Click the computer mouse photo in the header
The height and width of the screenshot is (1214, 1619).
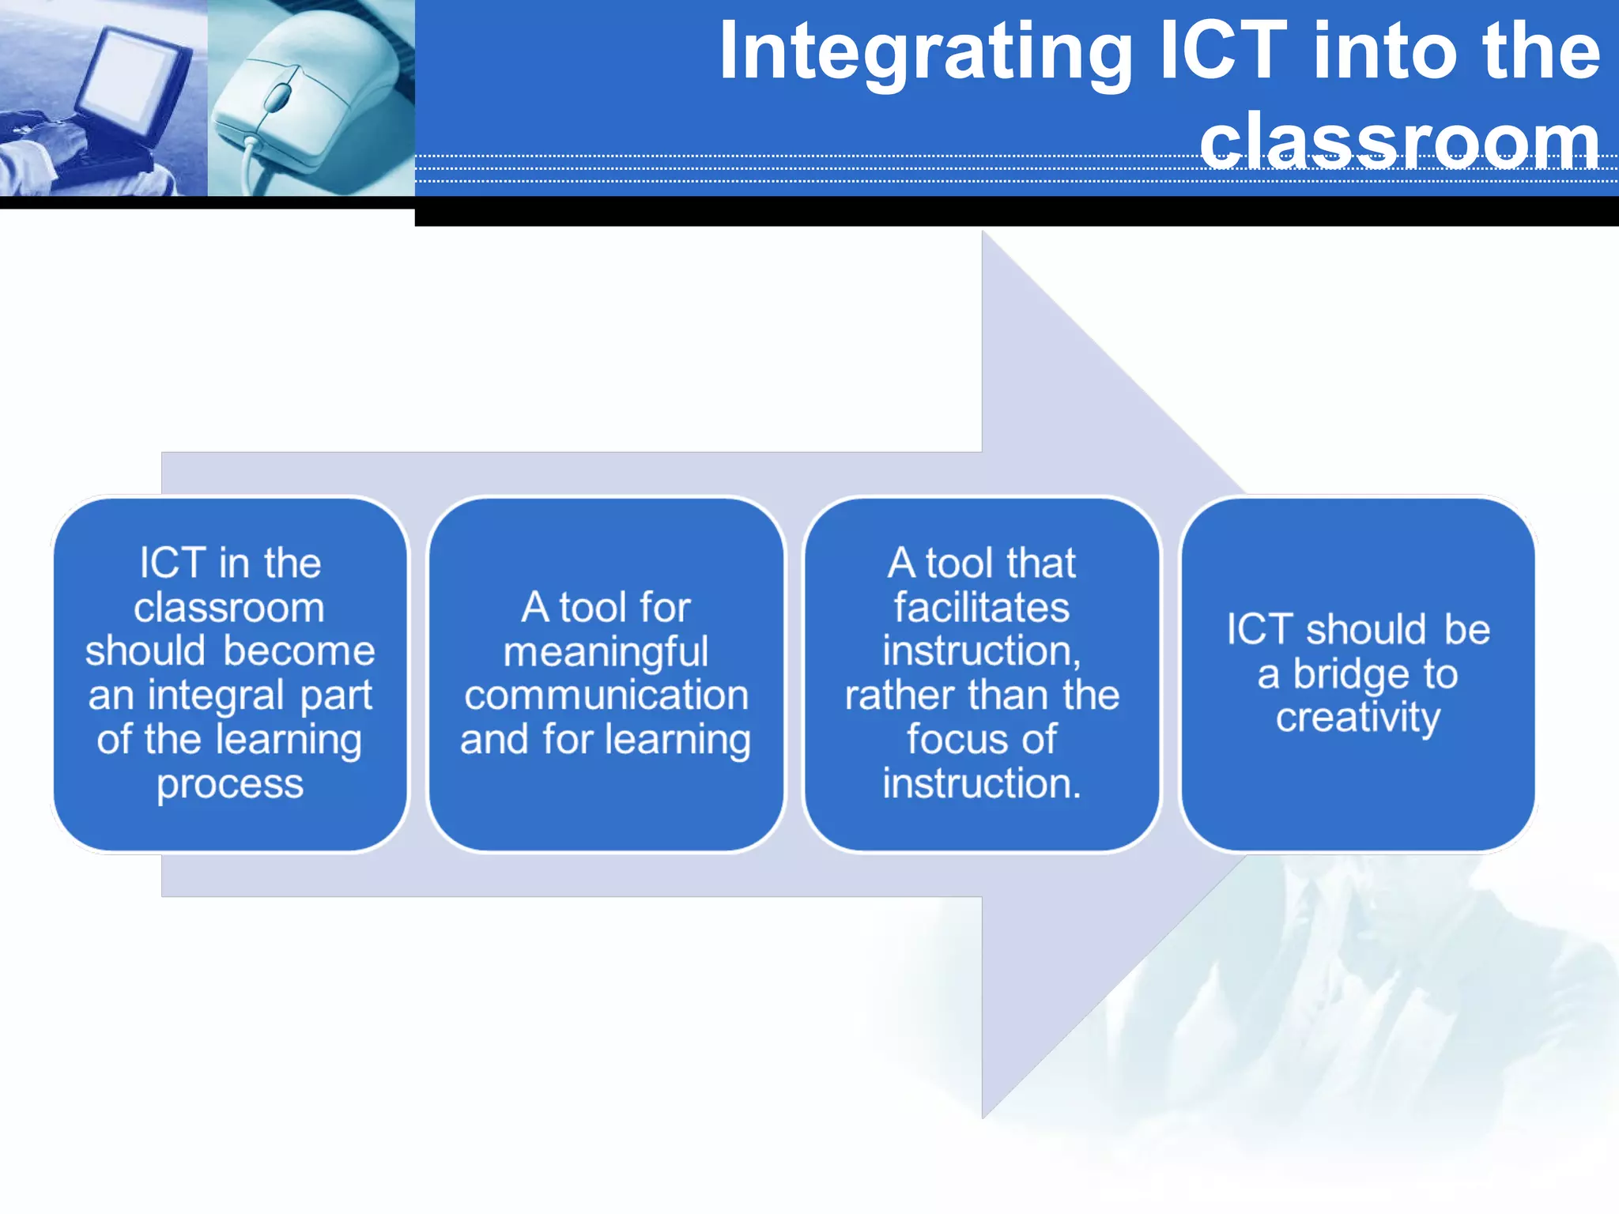tap(311, 98)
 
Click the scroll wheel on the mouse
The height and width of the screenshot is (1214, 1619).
tap(277, 97)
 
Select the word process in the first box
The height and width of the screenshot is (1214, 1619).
tap(230, 784)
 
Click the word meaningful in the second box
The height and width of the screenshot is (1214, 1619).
tap(606, 653)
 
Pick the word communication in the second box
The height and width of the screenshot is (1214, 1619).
tap(606, 696)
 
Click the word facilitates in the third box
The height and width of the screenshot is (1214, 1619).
tap(981, 608)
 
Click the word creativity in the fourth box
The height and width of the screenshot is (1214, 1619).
tap(1358, 719)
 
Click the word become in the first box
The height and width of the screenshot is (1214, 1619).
tap(299, 652)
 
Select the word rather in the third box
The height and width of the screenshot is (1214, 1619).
tap(893, 696)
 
